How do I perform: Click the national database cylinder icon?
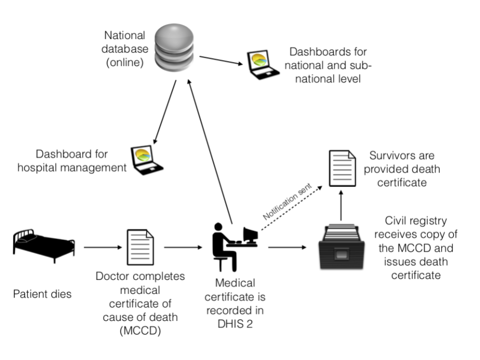click(174, 47)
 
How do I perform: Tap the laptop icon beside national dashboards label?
click(263, 64)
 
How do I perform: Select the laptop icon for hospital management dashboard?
click(146, 160)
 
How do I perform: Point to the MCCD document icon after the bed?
click(140, 247)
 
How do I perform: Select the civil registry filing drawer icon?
click(341, 246)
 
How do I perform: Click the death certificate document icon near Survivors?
click(342, 168)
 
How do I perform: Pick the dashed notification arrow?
click(291, 208)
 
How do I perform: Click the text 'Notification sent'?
click(287, 201)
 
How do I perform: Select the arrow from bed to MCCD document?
click(103, 247)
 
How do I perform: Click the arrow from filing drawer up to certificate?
click(341, 205)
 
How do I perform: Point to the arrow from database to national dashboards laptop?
click(221, 60)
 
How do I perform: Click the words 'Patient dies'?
click(42, 294)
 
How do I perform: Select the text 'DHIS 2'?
click(235, 324)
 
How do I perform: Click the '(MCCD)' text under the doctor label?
click(140, 331)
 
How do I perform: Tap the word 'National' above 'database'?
click(124, 35)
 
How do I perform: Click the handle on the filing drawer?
click(341, 254)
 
